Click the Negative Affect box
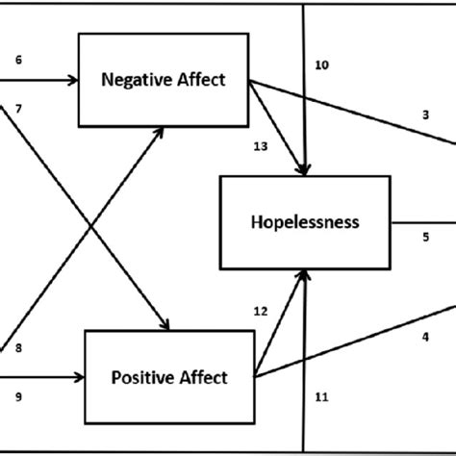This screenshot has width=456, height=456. click(x=164, y=80)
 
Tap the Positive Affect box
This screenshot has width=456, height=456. click(x=170, y=377)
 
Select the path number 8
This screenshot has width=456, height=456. click(x=18, y=347)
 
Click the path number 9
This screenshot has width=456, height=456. click(x=18, y=393)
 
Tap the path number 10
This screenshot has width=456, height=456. click(x=321, y=64)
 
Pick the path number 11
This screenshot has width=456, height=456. click(x=321, y=394)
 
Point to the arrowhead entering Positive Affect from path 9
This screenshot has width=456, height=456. click(x=81, y=378)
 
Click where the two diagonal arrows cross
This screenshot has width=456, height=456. click(x=90, y=228)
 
